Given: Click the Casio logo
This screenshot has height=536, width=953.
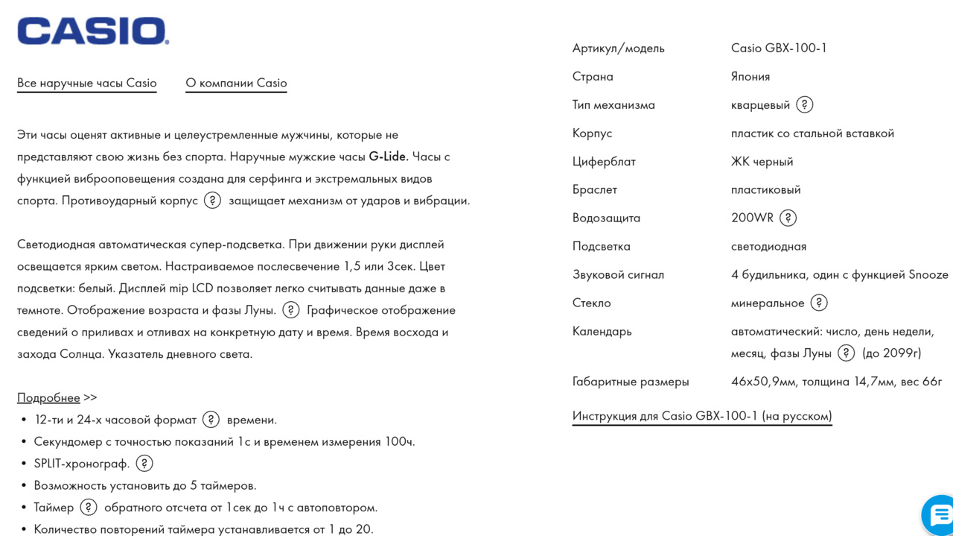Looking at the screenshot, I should tap(93, 31).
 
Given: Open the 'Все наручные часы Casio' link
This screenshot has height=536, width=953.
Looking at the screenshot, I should tap(87, 83).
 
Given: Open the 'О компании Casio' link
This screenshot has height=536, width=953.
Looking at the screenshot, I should tap(236, 83).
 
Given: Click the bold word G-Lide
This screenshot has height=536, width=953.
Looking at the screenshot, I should tap(389, 157).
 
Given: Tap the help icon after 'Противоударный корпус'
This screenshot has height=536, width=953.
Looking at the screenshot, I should tap(213, 201).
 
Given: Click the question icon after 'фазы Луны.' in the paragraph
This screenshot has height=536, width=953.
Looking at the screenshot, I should tap(291, 310).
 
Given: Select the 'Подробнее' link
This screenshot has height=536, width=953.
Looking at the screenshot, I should tap(48, 397).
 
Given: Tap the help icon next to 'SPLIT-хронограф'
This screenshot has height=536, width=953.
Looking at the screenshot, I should tap(144, 464).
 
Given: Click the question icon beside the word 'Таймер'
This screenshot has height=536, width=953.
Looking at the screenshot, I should tap(89, 508).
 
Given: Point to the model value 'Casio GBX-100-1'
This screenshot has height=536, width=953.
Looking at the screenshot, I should tap(779, 48).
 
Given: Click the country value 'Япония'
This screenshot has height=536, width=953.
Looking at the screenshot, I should tap(750, 76).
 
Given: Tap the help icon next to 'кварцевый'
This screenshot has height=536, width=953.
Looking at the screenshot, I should tap(805, 104).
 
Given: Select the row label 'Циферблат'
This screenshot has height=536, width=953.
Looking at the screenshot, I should tap(604, 161).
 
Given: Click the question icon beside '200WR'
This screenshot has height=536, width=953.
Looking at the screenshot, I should tap(788, 218).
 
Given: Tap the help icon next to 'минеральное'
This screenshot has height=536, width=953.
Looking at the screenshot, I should tap(819, 303).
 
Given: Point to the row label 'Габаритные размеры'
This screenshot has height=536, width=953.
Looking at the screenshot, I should tap(631, 382).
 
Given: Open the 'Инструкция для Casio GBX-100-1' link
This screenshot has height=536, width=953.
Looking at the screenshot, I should tap(702, 416).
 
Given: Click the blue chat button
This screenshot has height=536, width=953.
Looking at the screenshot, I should tap(940, 514).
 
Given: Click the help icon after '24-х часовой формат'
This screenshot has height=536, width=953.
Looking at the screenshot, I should tap(211, 420).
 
